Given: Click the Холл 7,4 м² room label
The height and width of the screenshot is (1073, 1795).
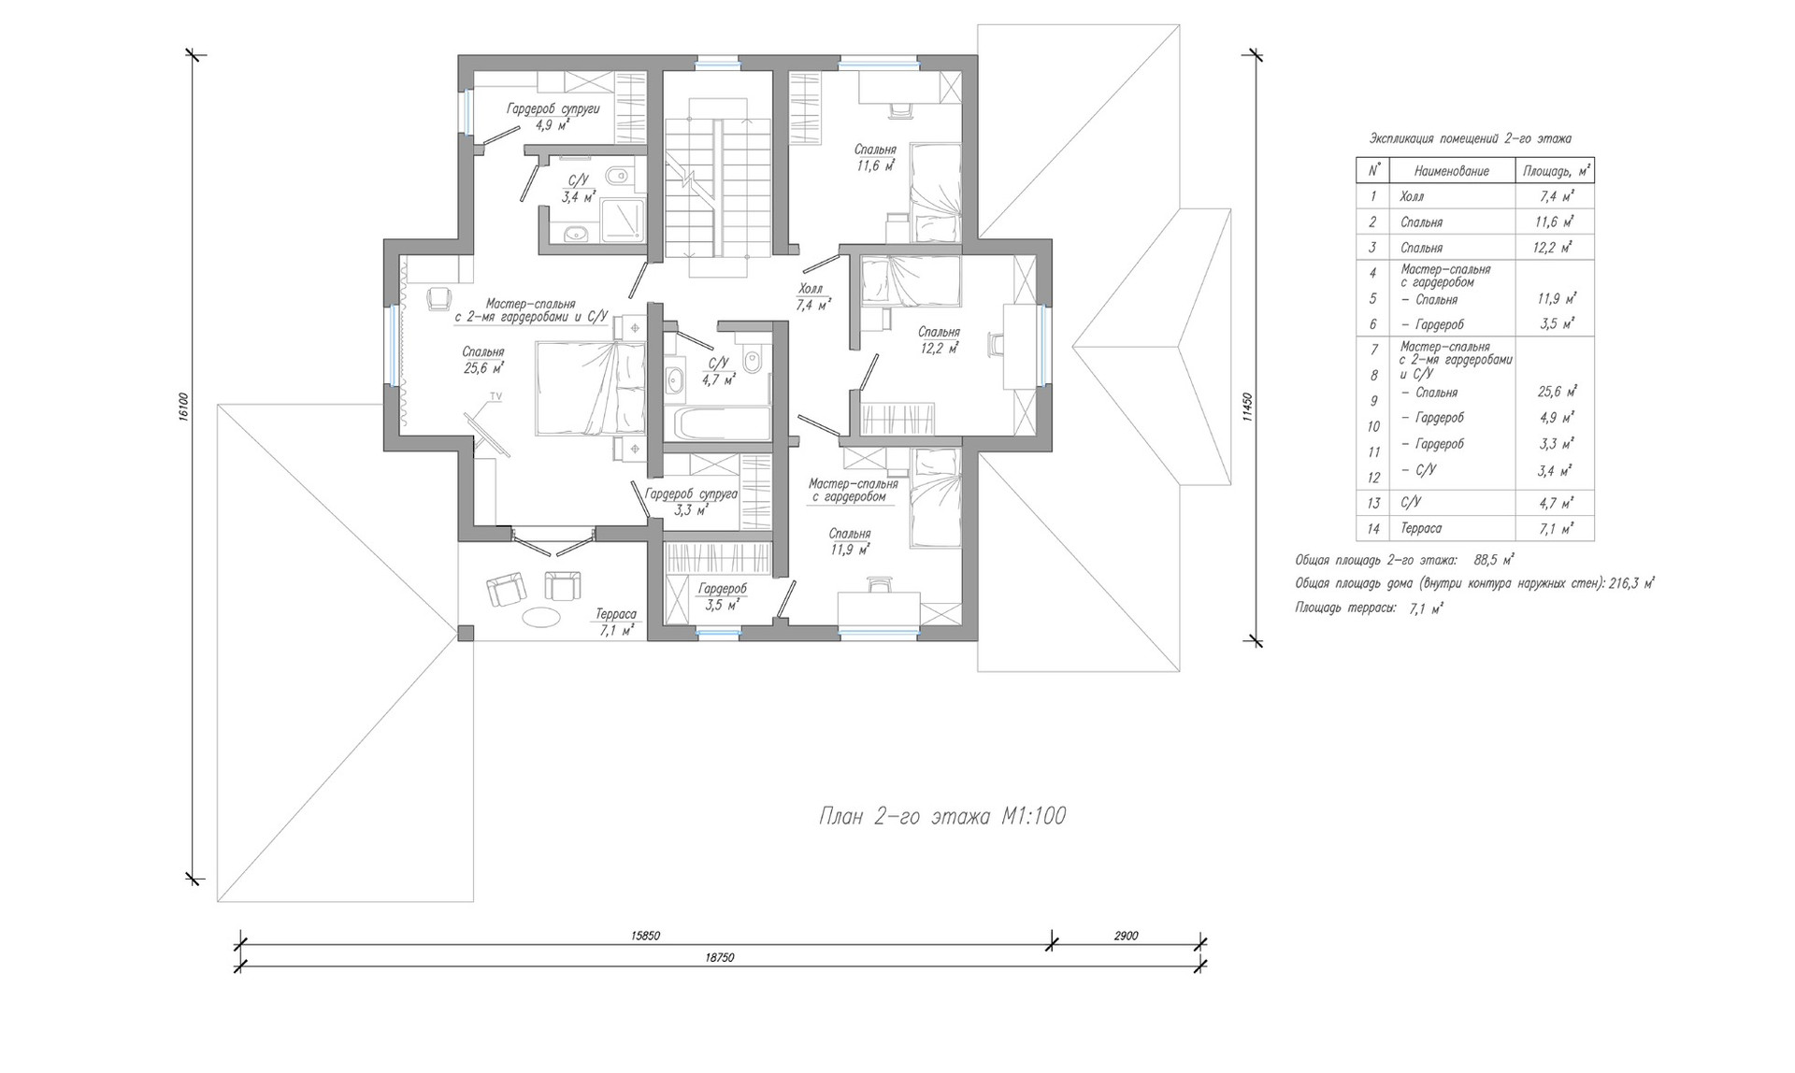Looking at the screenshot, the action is (x=813, y=297).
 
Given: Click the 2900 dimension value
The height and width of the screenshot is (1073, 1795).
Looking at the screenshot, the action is (x=1127, y=936).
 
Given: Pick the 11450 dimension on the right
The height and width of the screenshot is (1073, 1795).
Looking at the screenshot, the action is (x=1246, y=408).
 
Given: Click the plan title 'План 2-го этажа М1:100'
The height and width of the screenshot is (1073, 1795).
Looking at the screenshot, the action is (x=941, y=817).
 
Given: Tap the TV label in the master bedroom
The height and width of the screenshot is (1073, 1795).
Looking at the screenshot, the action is (x=496, y=397).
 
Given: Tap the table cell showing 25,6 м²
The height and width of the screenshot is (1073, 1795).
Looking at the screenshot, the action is (x=1557, y=392).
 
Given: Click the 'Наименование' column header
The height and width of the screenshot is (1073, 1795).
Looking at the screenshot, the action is (x=1452, y=171).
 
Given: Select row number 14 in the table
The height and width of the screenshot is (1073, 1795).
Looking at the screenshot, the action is (x=1373, y=529).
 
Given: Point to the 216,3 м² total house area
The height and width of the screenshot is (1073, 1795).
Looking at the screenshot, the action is (x=1633, y=583).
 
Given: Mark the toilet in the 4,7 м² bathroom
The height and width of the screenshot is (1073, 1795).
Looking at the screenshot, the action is (x=755, y=358).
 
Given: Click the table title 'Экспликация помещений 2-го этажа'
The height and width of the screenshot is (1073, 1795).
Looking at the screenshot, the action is (x=1471, y=139).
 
